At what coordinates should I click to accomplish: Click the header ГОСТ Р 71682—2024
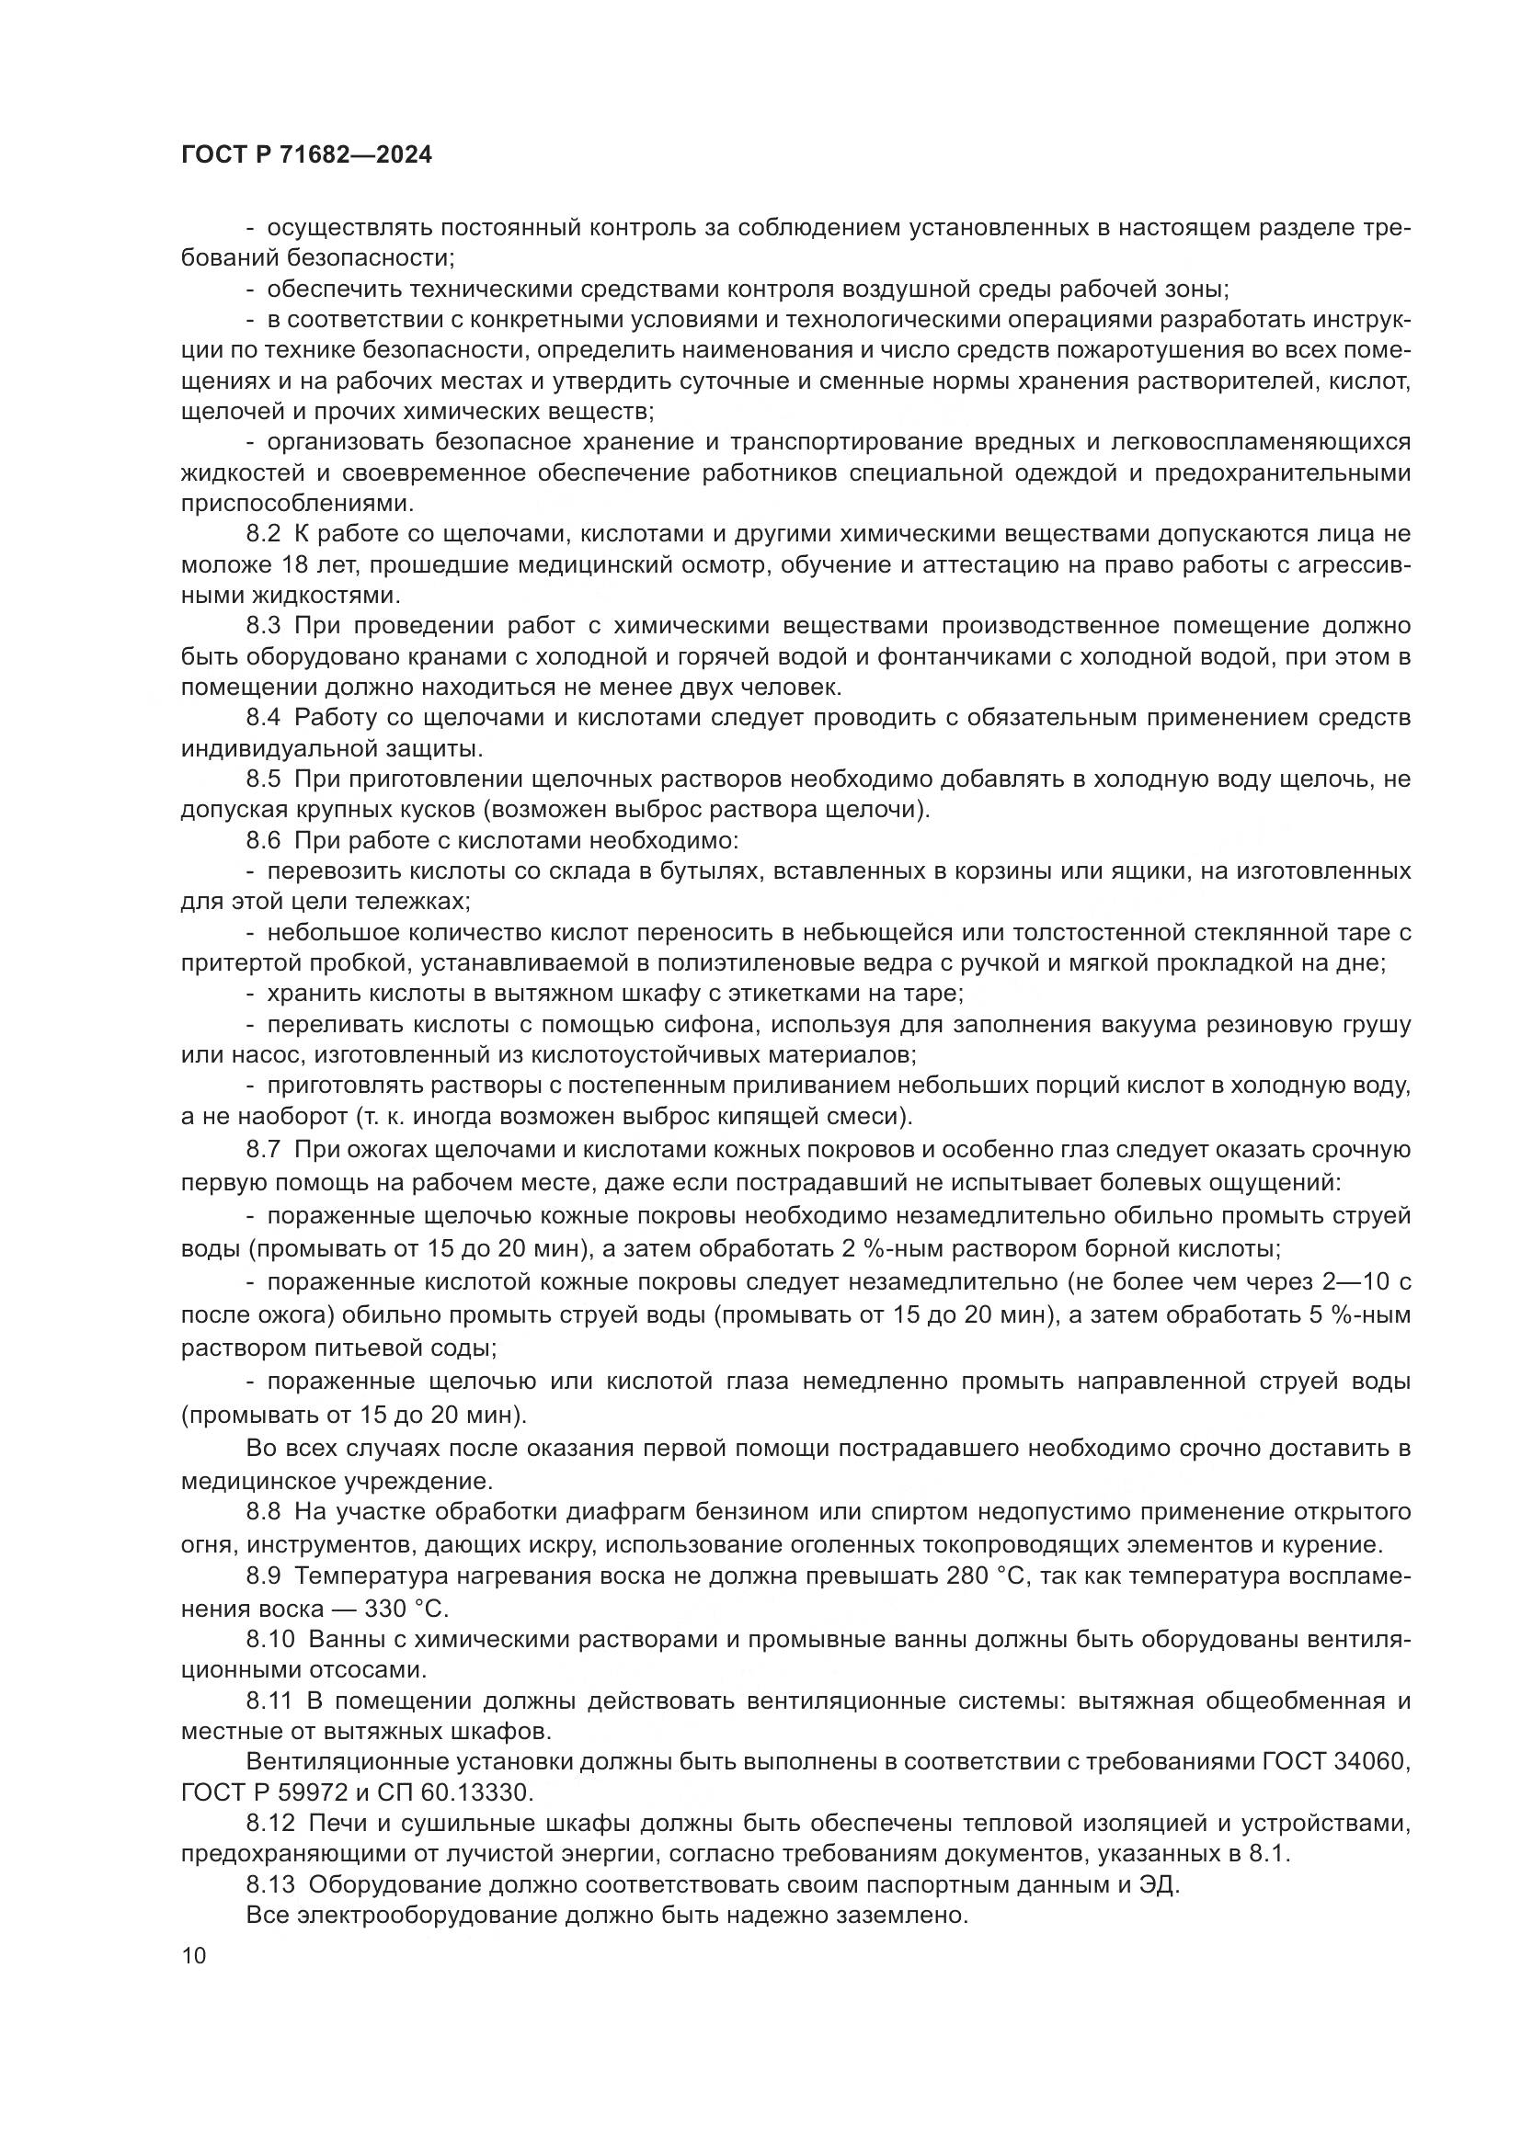pyautogui.click(x=306, y=155)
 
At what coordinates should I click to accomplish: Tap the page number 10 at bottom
pyautogui.click(x=194, y=1955)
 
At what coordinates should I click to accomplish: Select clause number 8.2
pyautogui.click(x=263, y=535)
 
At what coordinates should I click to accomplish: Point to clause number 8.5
pyautogui.click(x=263, y=779)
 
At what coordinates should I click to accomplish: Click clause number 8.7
pyautogui.click(x=263, y=1149)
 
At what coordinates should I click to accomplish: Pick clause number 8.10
pyautogui.click(x=269, y=1639)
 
